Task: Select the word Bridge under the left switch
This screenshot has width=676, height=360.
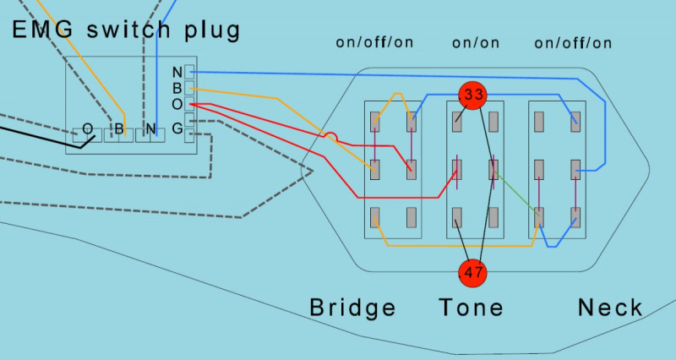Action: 352,308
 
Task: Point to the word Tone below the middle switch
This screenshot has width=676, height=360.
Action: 471,308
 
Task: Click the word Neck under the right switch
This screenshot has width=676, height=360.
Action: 610,308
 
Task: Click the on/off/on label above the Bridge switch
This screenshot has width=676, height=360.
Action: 374,42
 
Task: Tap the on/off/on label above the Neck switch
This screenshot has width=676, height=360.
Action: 574,42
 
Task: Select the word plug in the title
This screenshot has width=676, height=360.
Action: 212,32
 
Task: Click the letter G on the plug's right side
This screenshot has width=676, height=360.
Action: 177,128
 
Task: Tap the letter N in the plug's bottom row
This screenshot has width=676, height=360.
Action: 150,130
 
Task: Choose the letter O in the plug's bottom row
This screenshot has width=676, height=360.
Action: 87,130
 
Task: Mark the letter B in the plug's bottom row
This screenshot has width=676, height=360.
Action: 119,130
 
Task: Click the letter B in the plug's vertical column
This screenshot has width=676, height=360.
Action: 177,88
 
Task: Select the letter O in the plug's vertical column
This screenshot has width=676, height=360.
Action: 177,104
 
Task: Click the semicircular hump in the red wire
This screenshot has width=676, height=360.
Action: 332,135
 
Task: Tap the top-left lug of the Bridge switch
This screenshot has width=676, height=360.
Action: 375,122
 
